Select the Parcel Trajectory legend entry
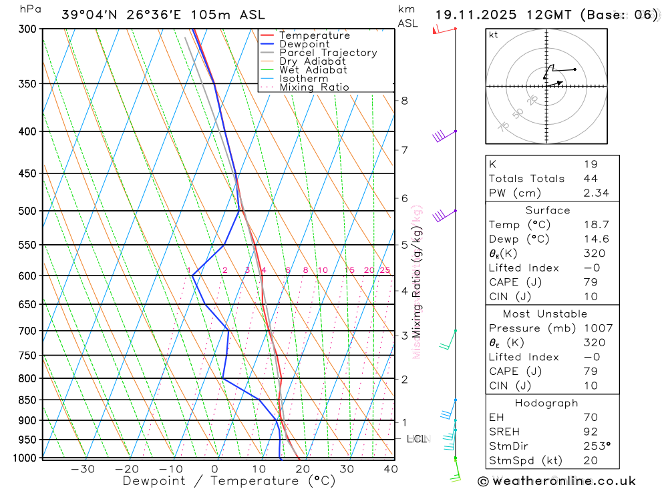[328, 53]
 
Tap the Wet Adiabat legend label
[313, 70]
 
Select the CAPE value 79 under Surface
[589, 282]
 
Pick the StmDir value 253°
[595, 446]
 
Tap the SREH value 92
[589, 432]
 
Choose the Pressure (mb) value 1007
[595, 328]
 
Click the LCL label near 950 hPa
[417, 439]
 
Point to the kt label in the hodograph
[494, 35]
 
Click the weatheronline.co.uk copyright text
[556, 481]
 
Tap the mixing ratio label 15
[349, 270]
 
